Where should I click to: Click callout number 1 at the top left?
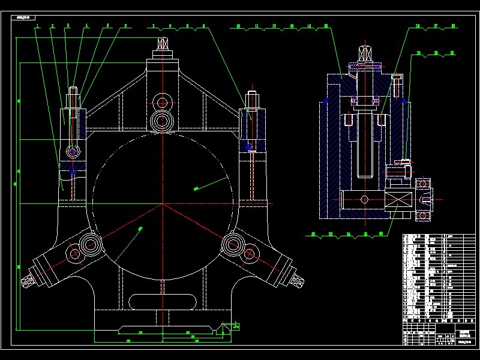(x=37, y=26)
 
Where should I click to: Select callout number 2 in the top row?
(x=52, y=26)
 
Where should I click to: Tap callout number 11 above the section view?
(x=256, y=26)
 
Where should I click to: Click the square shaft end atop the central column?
(x=161, y=44)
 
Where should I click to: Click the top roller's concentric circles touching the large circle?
(x=162, y=120)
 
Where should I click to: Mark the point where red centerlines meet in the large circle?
(x=162, y=204)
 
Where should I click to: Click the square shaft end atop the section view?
(x=364, y=51)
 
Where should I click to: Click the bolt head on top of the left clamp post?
(x=73, y=94)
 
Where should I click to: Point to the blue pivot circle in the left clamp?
(x=73, y=152)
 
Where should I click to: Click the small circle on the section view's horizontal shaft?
(x=364, y=199)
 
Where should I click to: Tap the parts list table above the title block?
(x=438, y=277)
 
